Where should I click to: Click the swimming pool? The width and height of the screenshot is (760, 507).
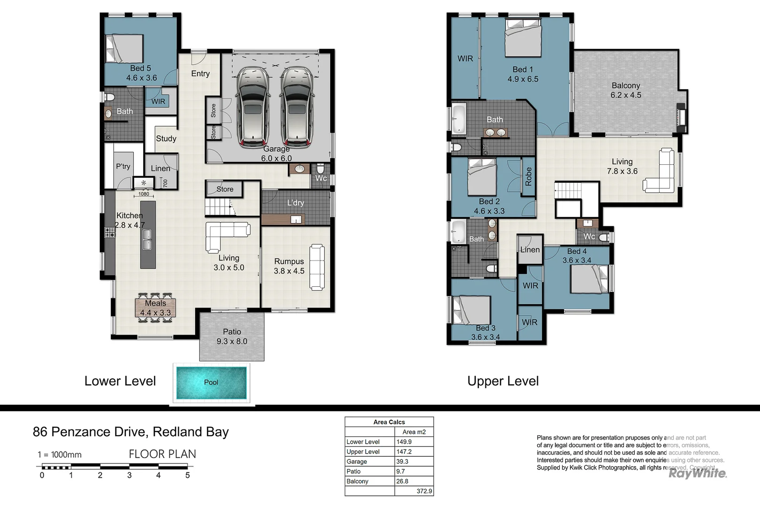(211, 382)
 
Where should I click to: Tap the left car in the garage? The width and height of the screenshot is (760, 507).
(253, 107)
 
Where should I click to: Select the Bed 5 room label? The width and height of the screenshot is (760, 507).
(140, 69)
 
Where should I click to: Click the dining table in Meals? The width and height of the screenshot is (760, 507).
(155, 307)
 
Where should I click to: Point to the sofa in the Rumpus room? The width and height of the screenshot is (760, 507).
(317, 267)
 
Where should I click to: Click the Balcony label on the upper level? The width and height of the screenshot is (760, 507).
(625, 85)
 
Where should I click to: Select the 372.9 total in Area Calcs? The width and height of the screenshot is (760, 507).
(424, 491)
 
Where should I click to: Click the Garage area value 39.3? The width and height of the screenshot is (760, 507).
(402, 461)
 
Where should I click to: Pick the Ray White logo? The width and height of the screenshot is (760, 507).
(697, 474)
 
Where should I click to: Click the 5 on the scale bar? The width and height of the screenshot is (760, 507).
(187, 475)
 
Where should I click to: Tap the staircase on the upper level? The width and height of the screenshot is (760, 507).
(569, 191)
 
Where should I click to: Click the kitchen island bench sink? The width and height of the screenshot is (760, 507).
(147, 239)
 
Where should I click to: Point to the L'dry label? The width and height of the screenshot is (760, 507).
(296, 203)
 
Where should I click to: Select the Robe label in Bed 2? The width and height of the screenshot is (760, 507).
(528, 177)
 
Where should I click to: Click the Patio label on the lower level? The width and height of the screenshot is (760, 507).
(232, 331)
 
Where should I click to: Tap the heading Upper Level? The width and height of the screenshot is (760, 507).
(503, 381)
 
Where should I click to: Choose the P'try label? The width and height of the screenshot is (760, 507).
(123, 166)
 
